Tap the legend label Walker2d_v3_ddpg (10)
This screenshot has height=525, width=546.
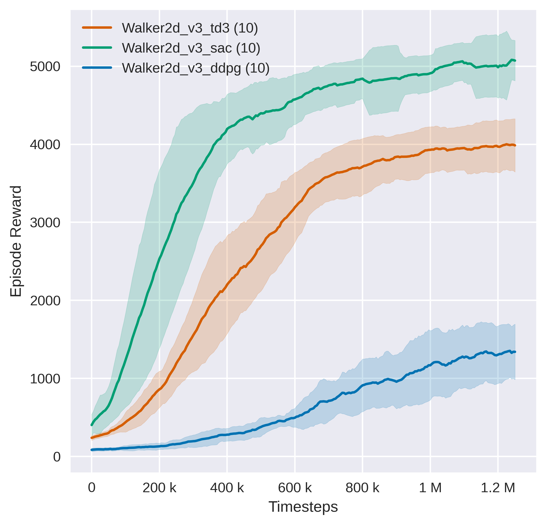pyautogui.click(x=196, y=68)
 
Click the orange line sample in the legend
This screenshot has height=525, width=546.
pyautogui.click(x=97, y=28)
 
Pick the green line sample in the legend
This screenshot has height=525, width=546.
pyautogui.click(x=97, y=48)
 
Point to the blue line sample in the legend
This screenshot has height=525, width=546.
pyautogui.click(x=97, y=68)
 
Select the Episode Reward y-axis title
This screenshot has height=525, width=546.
pyautogui.click(x=16, y=241)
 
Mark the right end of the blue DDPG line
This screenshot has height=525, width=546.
pyautogui.click(x=515, y=352)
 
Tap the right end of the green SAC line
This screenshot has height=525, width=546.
pyautogui.click(x=515, y=61)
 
